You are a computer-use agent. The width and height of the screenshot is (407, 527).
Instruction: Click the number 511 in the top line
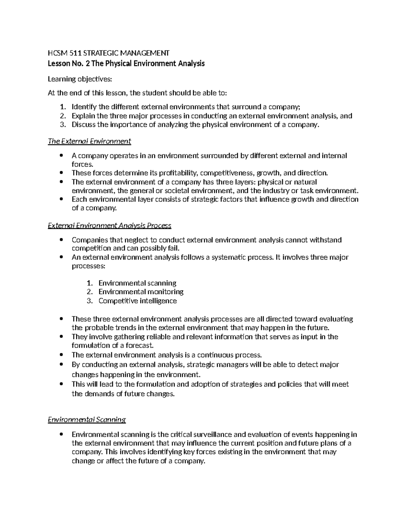(x=76, y=53)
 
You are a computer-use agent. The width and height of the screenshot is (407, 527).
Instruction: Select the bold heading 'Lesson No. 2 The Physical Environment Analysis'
(x=126, y=63)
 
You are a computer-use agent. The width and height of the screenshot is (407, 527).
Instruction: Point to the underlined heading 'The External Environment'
(x=90, y=141)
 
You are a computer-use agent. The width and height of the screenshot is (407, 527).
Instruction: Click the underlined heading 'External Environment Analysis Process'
(x=110, y=225)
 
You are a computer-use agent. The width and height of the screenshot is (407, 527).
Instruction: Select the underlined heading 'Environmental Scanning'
(x=87, y=419)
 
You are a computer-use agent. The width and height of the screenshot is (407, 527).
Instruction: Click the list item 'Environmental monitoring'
(x=141, y=291)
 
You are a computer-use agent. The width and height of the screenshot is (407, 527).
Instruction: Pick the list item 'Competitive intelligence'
(x=137, y=301)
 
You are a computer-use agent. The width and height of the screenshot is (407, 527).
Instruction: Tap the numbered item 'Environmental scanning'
(x=137, y=283)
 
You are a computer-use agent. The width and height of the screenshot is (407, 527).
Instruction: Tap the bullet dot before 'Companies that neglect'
(x=61, y=240)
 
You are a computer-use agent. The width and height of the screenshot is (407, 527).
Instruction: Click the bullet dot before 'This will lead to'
(x=61, y=384)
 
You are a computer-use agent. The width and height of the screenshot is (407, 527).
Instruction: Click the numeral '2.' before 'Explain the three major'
(x=62, y=116)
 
